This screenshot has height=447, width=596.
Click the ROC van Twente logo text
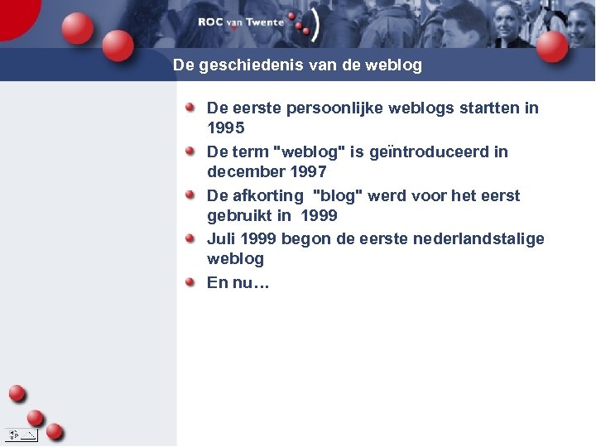click(x=241, y=22)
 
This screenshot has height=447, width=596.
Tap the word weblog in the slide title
click(x=394, y=65)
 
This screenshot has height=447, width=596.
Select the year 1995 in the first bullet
click(x=225, y=128)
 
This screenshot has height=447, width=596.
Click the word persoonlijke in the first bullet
click(x=324, y=108)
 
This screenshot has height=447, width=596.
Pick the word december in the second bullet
click(x=245, y=172)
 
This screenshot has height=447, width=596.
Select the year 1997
click(x=309, y=172)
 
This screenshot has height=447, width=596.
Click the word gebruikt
click(x=239, y=216)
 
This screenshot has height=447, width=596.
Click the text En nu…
click(x=238, y=282)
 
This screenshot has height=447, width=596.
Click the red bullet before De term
click(x=190, y=151)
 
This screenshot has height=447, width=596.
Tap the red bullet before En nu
click(x=190, y=281)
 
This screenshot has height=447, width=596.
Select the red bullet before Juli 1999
click(x=190, y=238)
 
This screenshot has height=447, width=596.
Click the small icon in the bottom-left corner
click(x=21, y=435)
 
